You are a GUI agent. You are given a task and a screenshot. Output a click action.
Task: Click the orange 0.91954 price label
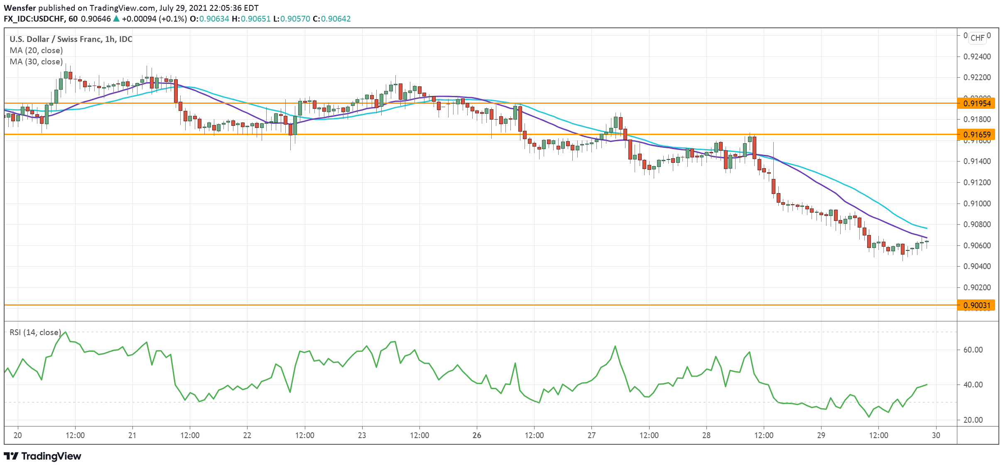click(x=977, y=103)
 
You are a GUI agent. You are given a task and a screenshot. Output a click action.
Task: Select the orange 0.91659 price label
click(x=977, y=135)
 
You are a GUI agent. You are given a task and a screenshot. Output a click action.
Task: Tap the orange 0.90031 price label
click(x=977, y=305)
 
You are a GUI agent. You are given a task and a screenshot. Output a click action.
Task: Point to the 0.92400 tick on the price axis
click(x=976, y=56)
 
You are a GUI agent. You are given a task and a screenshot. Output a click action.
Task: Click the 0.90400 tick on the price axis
click(x=976, y=266)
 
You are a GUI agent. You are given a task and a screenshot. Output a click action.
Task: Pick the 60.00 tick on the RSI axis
click(x=973, y=350)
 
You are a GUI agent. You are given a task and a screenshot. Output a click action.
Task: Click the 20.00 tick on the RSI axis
click(x=973, y=420)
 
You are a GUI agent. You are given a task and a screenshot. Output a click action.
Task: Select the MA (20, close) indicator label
click(x=36, y=50)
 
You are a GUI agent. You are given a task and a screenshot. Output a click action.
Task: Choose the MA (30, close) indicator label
click(x=36, y=61)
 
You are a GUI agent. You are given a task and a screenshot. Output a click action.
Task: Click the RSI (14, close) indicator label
click(x=35, y=332)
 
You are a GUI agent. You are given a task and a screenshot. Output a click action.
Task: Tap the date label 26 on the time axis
click(x=477, y=435)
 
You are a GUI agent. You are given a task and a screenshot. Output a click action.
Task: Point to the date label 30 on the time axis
click(x=936, y=435)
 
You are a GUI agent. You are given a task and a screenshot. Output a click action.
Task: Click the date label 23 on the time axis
click(x=362, y=435)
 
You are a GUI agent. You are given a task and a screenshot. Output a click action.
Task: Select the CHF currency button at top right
click(x=977, y=38)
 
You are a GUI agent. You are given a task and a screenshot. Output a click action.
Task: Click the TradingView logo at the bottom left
click(x=42, y=456)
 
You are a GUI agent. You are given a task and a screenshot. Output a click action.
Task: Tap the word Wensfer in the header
click(x=20, y=8)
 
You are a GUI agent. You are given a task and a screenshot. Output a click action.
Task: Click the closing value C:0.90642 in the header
click(x=331, y=19)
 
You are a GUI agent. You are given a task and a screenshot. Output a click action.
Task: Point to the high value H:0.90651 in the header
click(x=251, y=19)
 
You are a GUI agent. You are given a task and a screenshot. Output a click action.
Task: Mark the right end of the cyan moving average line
click(x=927, y=228)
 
